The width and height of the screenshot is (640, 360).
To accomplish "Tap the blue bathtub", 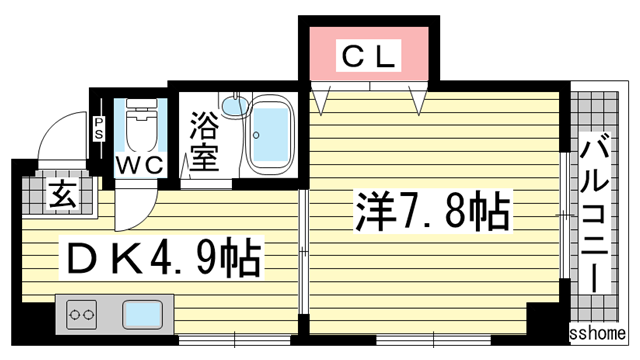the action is pos(269,134).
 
